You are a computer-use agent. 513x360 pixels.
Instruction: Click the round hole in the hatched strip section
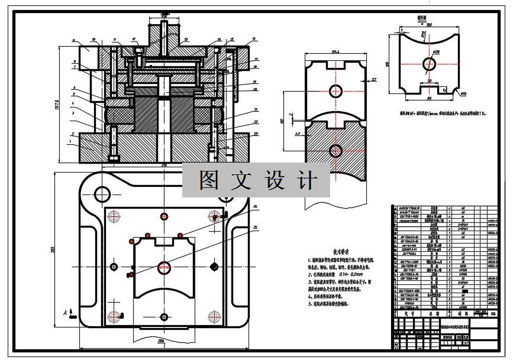335,150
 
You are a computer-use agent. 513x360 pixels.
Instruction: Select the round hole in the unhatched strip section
335,90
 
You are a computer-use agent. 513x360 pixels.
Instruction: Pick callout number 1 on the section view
70,142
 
